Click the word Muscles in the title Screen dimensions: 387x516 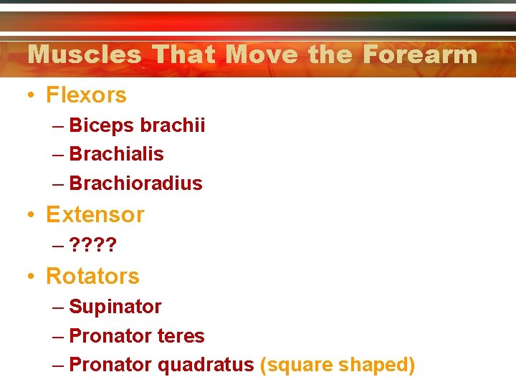[84, 54]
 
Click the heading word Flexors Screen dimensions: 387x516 [86, 95]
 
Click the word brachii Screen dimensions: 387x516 [173, 125]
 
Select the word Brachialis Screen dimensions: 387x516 [116, 154]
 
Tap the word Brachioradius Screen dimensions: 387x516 [135, 183]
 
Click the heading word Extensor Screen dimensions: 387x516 [95, 215]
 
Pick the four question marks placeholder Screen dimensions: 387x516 [93, 246]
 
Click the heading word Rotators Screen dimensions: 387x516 [92, 276]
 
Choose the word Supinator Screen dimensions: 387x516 [115, 307]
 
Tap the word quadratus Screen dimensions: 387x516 [206, 365]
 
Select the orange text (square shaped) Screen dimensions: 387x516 [338, 365]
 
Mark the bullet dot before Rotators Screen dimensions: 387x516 [31, 277]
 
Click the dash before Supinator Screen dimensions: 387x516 [58, 307]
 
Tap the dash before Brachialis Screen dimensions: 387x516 [58, 155]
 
